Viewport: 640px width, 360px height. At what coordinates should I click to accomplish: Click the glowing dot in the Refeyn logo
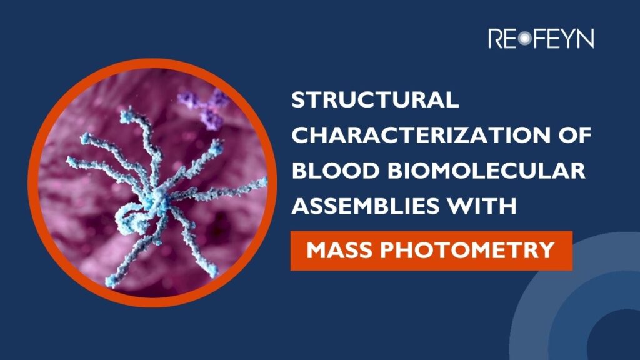click(x=524, y=39)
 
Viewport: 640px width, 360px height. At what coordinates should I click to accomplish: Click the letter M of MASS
click(x=316, y=250)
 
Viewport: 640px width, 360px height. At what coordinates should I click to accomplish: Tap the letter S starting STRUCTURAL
click(x=299, y=101)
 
